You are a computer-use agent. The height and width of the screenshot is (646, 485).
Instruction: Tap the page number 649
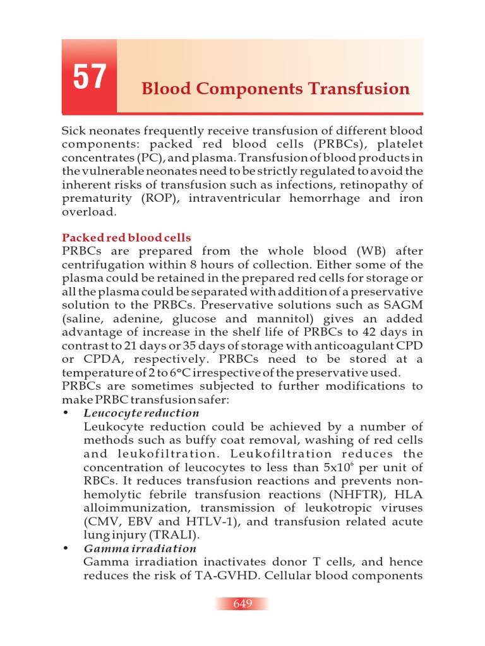[242, 604]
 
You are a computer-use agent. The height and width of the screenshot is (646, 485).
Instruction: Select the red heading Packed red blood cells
[126, 238]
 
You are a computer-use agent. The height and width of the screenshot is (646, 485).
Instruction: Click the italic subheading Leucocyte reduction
[141, 413]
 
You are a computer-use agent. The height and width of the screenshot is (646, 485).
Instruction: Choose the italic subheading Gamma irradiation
[140, 548]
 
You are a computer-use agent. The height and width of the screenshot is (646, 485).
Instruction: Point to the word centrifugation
[105, 265]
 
